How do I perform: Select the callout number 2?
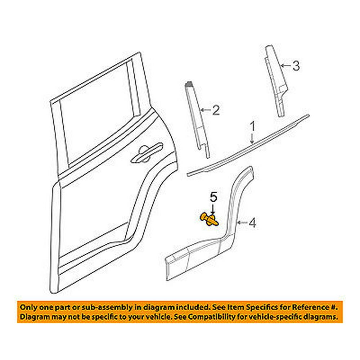215,109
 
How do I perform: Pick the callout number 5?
213,197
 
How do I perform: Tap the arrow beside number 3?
286,66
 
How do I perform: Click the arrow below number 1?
252,139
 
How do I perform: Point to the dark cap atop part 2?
189,85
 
